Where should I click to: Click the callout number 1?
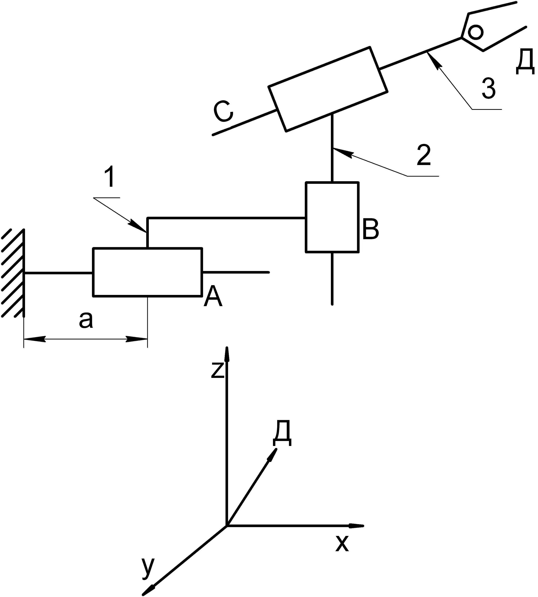[x=110, y=178]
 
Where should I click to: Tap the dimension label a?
[x=86, y=320]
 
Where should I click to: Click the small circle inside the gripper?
[x=476, y=32]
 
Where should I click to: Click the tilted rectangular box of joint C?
[x=327, y=89]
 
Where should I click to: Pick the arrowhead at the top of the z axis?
[x=227, y=354]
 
